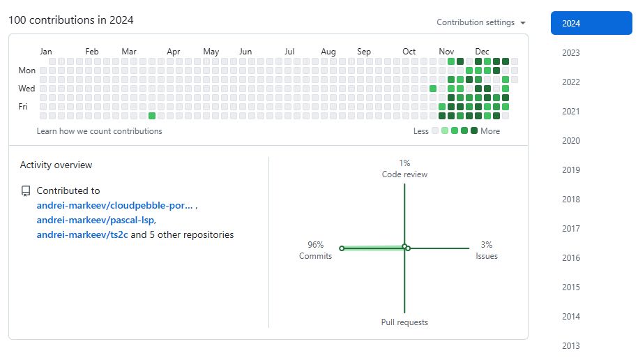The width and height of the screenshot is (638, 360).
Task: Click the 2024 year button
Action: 591,23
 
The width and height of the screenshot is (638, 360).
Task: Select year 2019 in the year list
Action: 571,170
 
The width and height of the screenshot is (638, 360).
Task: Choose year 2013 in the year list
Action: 571,345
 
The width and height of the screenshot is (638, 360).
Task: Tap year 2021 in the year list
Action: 571,111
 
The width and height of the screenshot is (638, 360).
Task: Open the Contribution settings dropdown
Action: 481,22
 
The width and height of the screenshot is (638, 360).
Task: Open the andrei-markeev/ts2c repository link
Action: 82,234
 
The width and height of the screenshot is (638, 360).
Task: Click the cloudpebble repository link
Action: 114,205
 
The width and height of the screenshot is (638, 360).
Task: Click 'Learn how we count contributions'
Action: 99,131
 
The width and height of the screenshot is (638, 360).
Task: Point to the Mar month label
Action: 129,52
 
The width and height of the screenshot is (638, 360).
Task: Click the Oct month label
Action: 409,52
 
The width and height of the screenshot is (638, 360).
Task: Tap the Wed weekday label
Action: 26,89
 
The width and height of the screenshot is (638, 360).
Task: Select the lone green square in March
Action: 152,116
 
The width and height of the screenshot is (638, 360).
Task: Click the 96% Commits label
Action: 315,250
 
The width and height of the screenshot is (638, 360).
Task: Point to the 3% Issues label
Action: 487,250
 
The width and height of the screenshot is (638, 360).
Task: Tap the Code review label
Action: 404,174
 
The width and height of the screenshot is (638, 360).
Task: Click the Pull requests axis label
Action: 404,322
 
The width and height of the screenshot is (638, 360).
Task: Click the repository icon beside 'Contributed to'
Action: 26,190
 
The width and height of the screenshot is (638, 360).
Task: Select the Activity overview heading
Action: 56,165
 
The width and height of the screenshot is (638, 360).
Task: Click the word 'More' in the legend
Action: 490,131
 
